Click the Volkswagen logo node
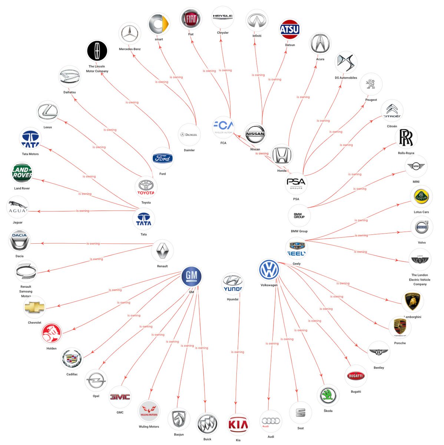tap(269, 270)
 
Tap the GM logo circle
tap(191, 276)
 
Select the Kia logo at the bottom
tap(238, 425)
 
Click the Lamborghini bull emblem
tap(412, 301)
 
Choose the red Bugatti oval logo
tap(356, 376)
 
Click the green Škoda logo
tap(328, 395)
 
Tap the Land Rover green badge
tap(22, 173)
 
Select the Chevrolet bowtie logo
tap(34, 307)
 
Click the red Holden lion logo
tap(52, 333)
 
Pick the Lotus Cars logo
tap(421, 197)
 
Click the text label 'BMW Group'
tap(299, 231)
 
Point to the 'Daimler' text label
tap(189, 150)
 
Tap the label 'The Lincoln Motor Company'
tap(97, 69)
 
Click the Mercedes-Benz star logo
tap(130, 34)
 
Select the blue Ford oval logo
tap(163, 158)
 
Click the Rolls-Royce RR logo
tap(406, 138)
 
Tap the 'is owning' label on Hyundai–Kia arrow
tap(238, 352)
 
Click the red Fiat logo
tap(190, 19)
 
